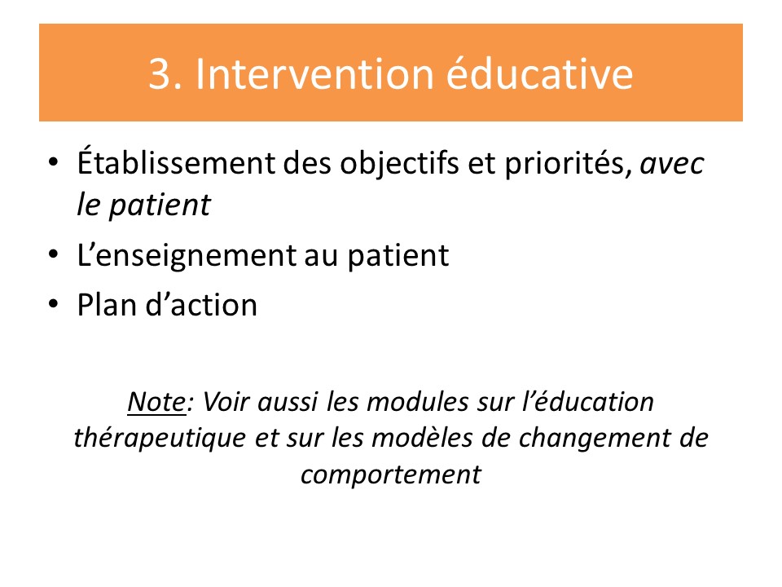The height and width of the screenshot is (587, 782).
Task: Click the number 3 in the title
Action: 160,74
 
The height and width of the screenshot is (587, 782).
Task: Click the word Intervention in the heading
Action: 315,74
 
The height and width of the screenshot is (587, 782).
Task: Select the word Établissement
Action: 176,161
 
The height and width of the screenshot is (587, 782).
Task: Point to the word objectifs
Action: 399,163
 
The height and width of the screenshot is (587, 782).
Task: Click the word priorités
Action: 565,163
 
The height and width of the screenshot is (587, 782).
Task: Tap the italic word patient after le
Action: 160,205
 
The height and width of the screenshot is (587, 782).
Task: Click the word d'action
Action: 201,304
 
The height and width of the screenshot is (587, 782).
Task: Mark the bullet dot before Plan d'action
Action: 54,303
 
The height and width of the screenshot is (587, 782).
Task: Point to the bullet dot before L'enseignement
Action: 54,254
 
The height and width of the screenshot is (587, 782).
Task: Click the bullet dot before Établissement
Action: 54,161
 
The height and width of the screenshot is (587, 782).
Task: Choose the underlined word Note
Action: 156,402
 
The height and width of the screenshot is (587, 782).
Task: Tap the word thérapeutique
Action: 160,439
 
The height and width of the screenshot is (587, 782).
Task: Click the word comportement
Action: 391,474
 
